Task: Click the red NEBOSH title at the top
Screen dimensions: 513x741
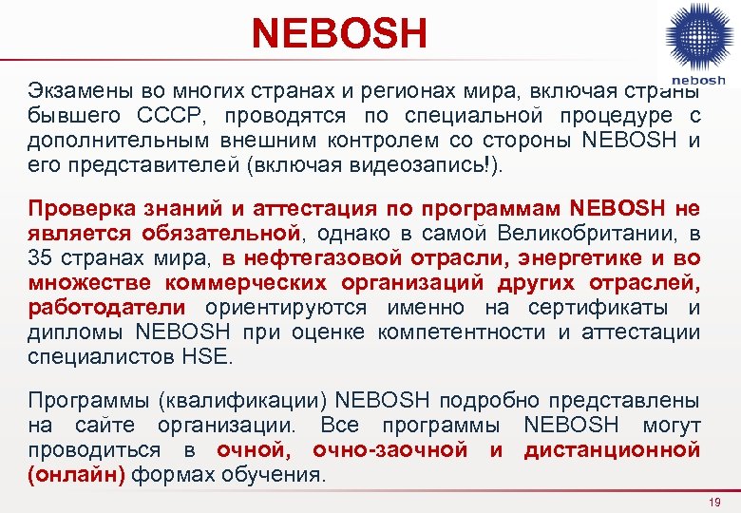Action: tap(339, 33)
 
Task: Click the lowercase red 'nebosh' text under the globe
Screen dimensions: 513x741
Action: tap(699, 81)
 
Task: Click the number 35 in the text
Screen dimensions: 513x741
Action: tap(42, 258)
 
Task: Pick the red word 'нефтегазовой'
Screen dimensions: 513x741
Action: tap(325, 258)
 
